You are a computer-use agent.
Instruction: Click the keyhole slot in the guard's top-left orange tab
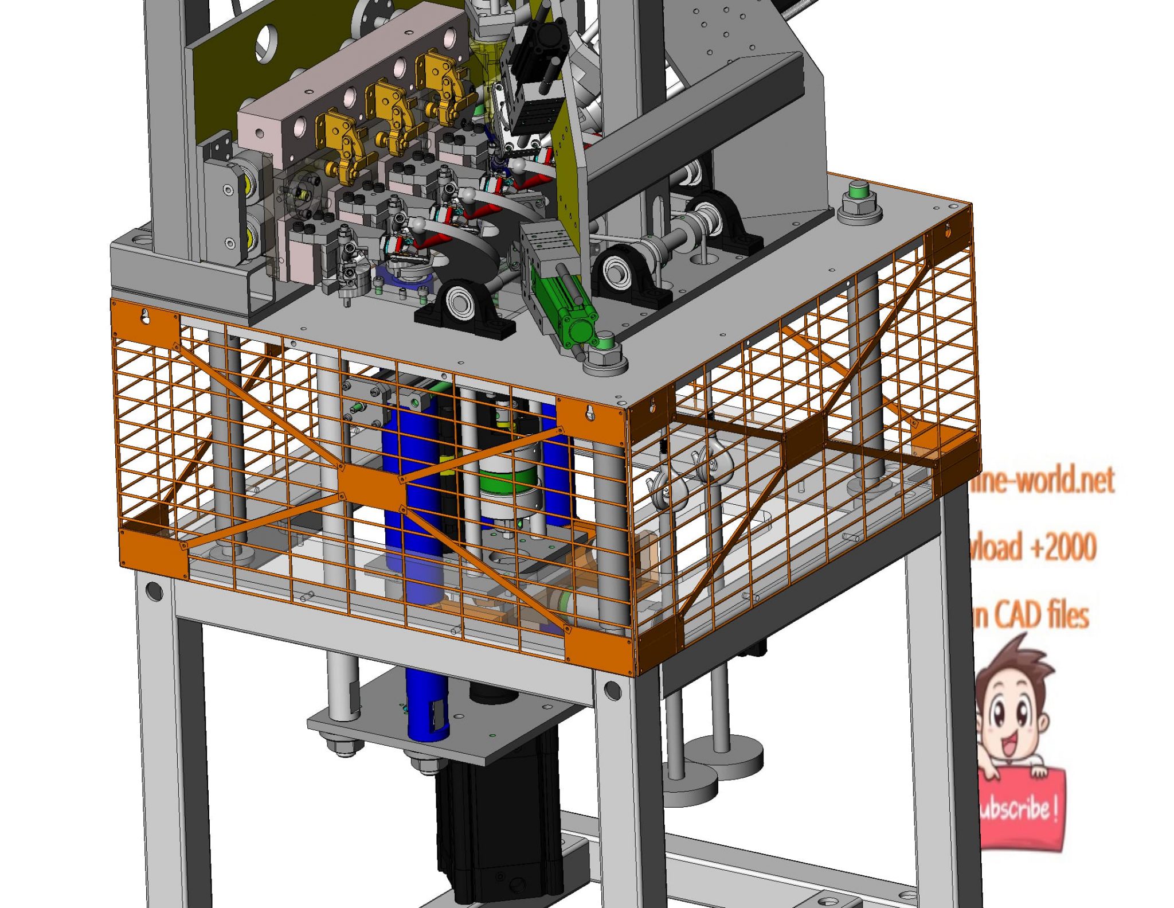click(x=146, y=315)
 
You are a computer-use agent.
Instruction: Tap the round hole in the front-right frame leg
click(x=612, y=690)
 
